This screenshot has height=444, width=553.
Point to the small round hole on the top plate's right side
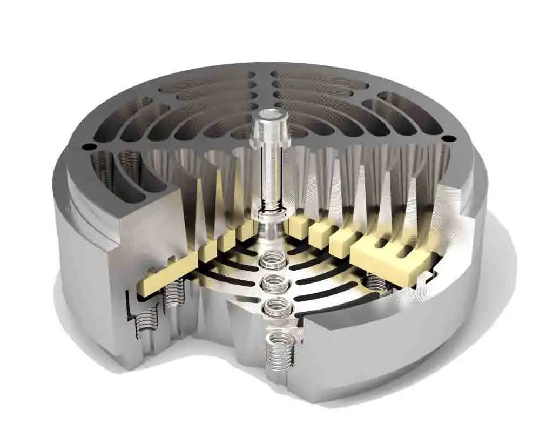point(446,139)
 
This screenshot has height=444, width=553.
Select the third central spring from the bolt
point(276,307)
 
